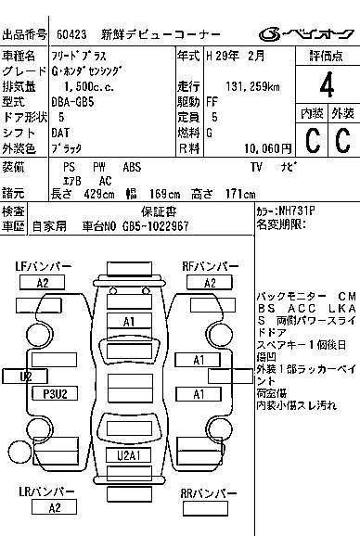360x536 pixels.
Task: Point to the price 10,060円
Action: (267, 147)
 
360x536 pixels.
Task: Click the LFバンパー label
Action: (43, 267)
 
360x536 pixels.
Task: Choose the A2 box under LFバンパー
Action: (42, 283)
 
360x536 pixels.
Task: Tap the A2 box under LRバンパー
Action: (54, 507)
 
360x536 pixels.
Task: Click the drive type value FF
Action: (212, 101)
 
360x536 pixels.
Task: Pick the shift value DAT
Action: (59, 133)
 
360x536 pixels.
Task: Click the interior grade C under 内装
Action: (312, 142)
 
